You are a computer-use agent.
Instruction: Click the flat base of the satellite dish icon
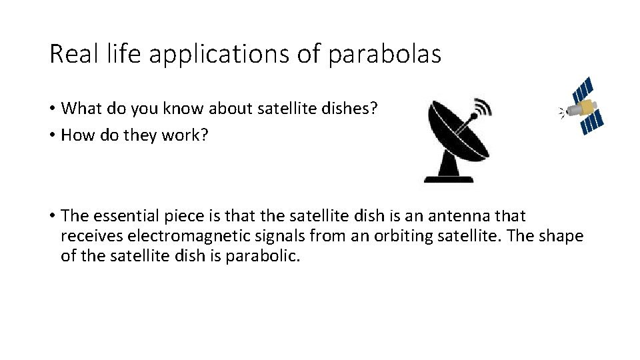coord(448,178)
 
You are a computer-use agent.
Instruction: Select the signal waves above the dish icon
coord(483,107)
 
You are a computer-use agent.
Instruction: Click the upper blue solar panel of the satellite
coord(583,87)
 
